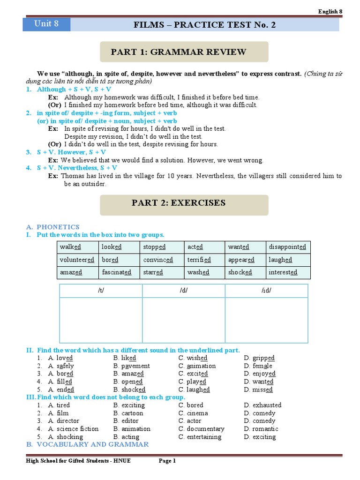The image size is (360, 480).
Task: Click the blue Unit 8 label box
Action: point(46,24)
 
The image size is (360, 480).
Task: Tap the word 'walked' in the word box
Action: point(70,247)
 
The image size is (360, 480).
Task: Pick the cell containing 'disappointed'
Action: point(287,247)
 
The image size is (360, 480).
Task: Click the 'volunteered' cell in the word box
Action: point(77,260)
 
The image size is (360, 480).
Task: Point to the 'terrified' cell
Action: point(199,260)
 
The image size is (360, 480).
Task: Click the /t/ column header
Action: point(101,291)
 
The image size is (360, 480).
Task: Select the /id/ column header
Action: point(266,291)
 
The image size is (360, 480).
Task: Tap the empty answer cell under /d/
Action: point(183,320)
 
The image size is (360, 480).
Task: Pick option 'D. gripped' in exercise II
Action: point(259,358)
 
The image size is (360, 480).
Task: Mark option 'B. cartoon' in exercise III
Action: point(128,413)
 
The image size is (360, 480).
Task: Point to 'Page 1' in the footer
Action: point(167,461)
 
